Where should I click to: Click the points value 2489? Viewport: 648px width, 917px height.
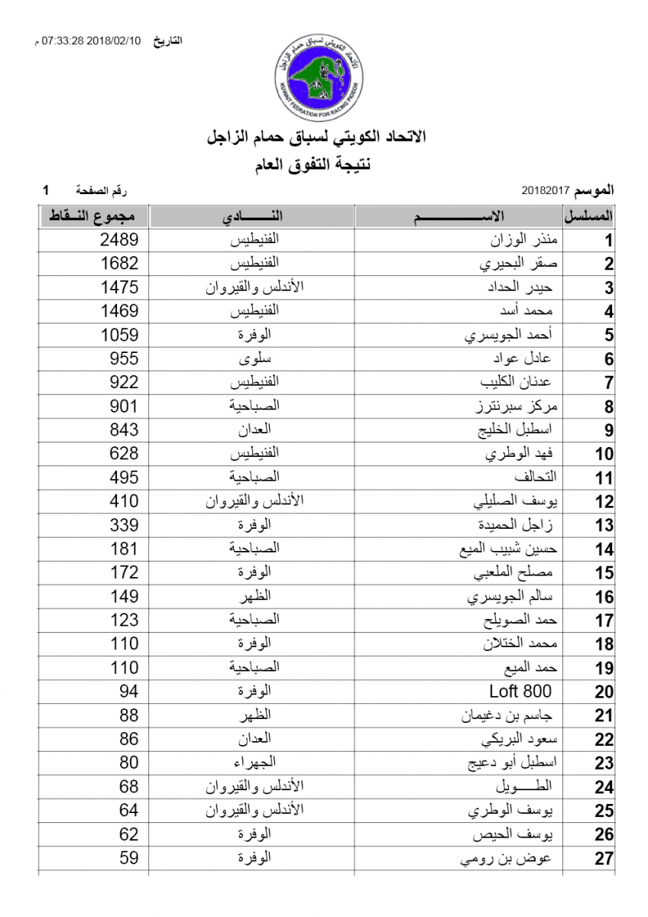(x=119, y=240)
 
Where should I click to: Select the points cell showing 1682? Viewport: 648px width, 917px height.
(x=119, y=264)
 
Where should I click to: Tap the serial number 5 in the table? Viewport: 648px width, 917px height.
(x=608, y=335)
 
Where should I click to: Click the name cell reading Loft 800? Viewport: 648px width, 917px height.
(x=520, y=692)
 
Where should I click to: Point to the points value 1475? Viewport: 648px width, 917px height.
(x=119, y=287)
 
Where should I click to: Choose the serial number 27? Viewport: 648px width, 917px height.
(x=604, y=858)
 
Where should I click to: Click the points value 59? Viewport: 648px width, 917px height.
(x=128, y=857)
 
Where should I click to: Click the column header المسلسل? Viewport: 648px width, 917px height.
(x=590, y=216)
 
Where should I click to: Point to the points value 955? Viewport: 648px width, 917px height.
(x=124, y=358)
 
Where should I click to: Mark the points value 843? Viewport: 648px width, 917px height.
(x=124, y=430)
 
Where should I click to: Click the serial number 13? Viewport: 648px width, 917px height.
(x=604, y=526)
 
